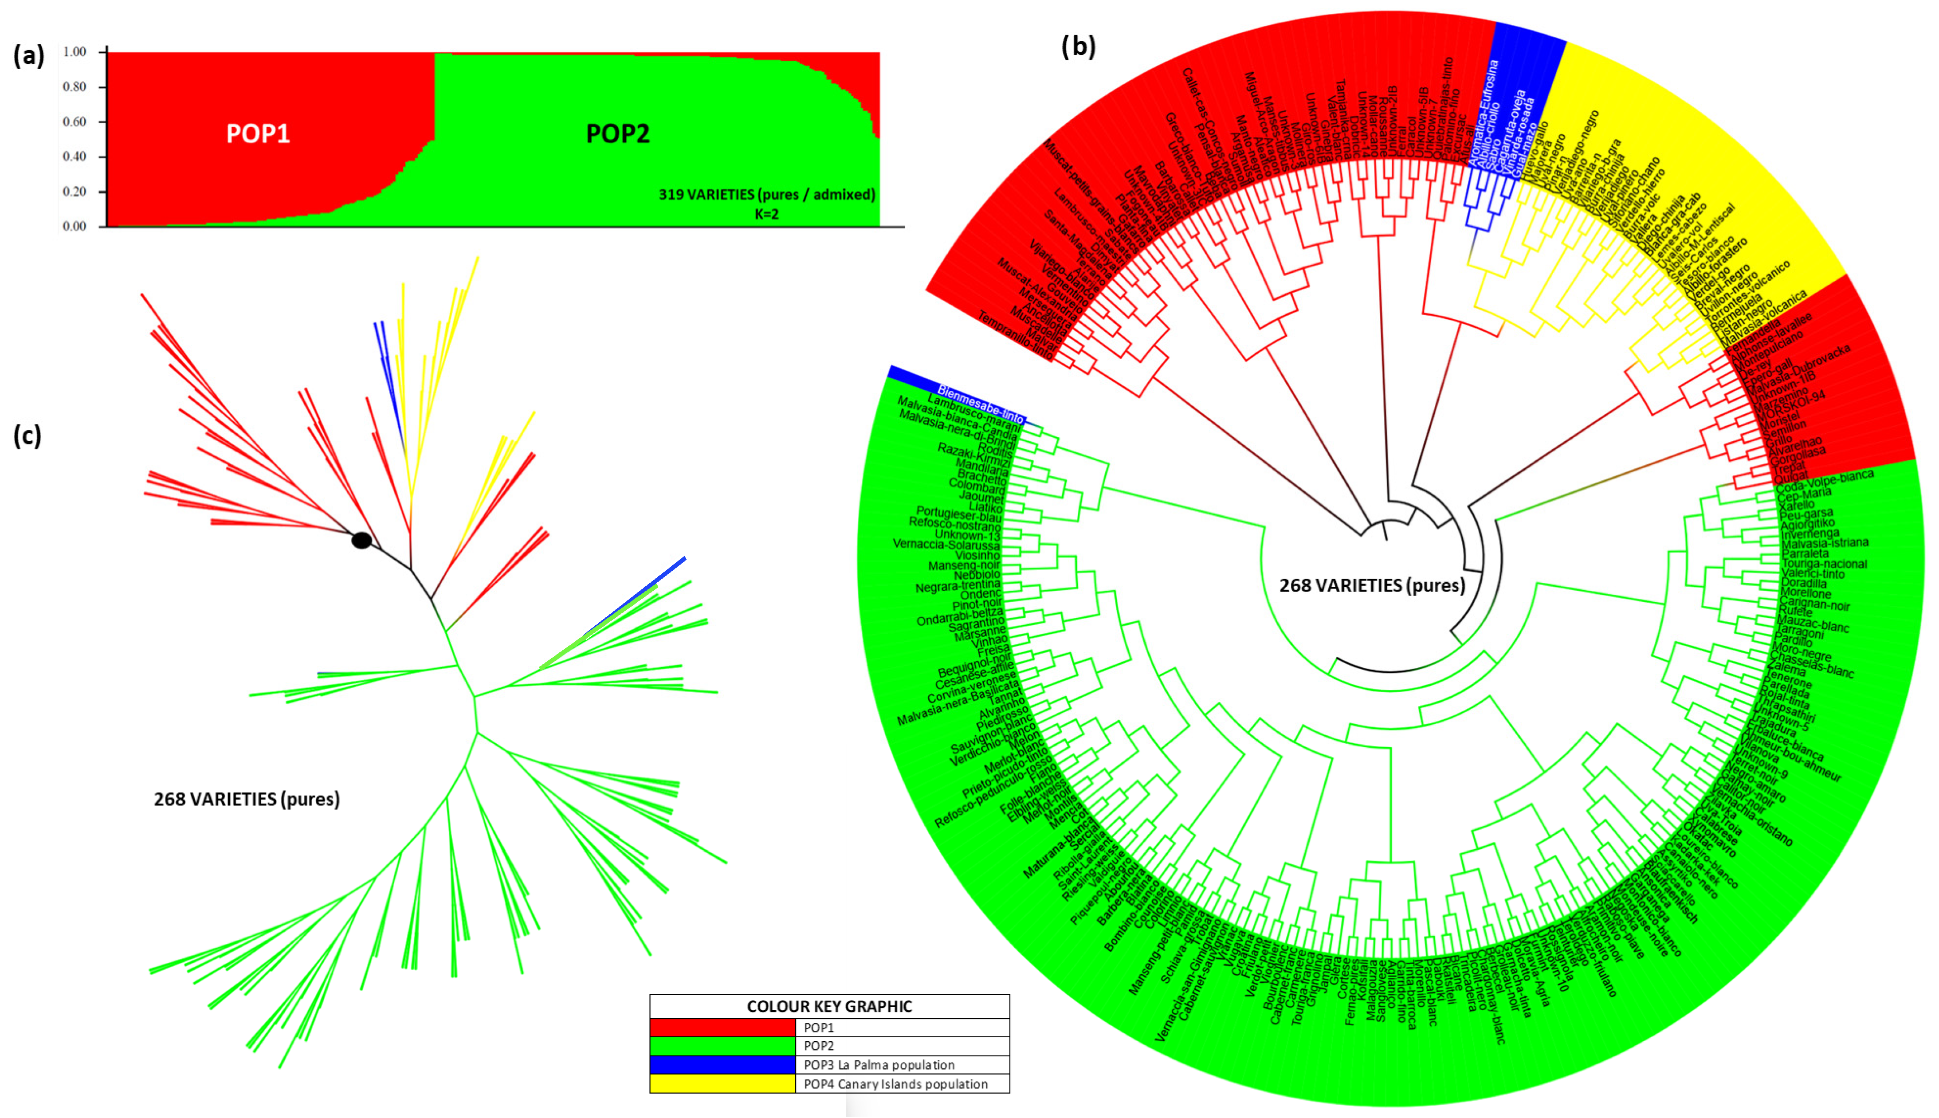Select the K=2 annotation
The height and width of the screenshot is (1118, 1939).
coord(766,214)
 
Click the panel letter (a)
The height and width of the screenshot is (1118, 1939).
coord(29,55)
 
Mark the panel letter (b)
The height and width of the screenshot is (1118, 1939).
coord(1078,47)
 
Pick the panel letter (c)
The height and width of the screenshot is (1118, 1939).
coord(27,435)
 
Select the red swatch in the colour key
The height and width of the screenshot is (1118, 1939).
coord(722,1028)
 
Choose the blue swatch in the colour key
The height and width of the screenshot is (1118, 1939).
coord(722,1065)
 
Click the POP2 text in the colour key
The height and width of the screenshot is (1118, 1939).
coord(819,1046)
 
